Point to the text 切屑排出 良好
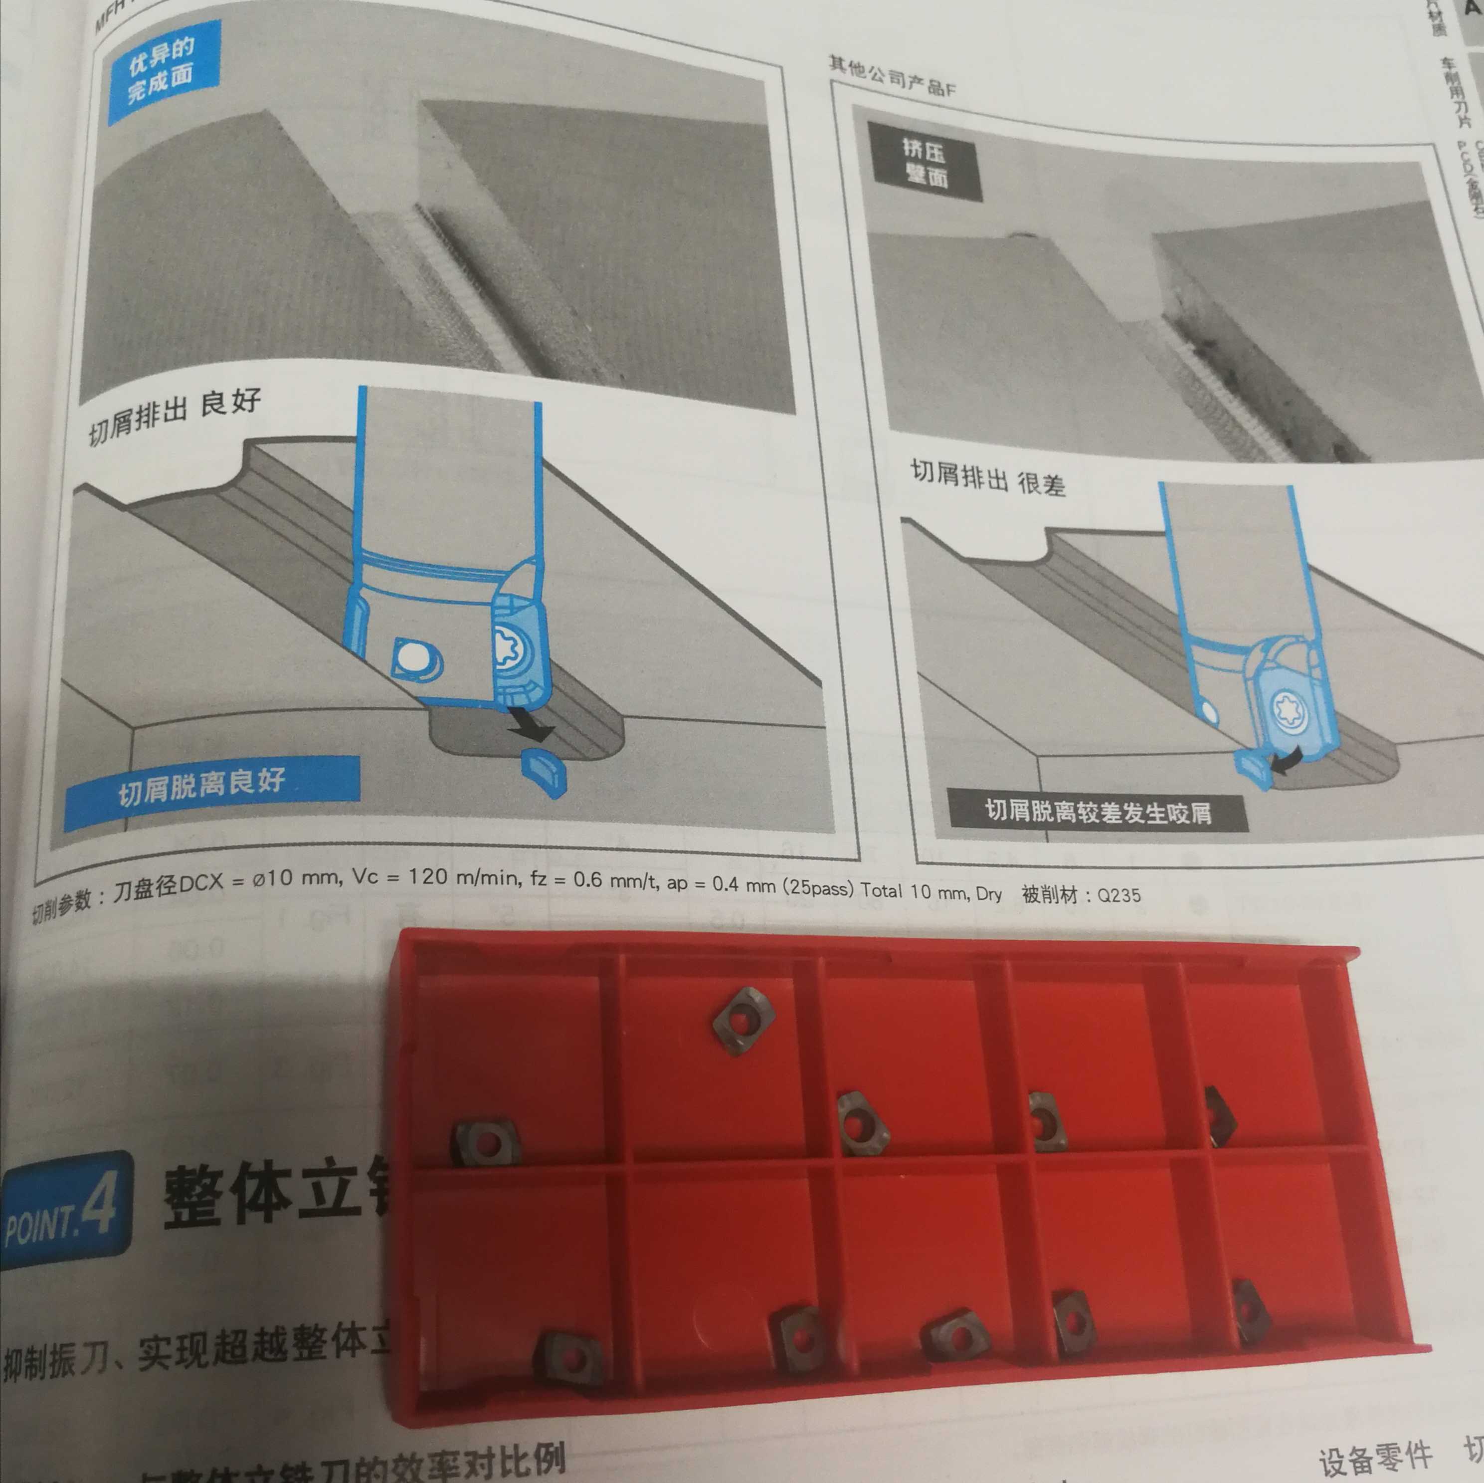pyautogui.click(x=175, y=415)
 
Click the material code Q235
pyautogui.click(x=1118, y=895)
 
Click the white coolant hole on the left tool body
pyautogui.click(x=414, y=658)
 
